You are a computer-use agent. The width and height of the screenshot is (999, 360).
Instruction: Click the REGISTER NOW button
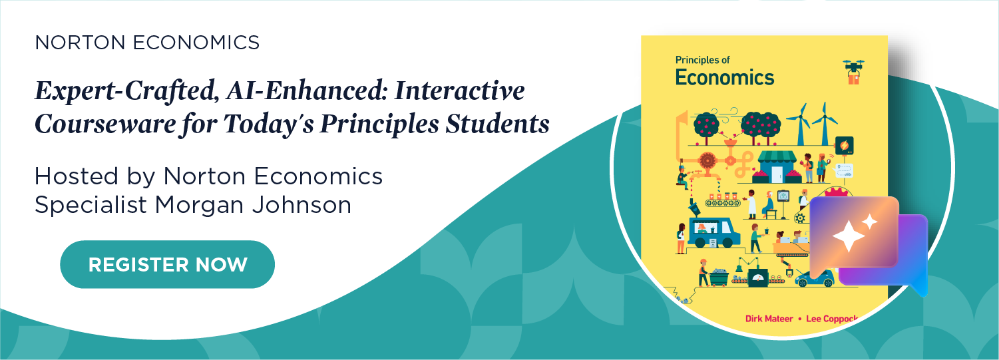167,264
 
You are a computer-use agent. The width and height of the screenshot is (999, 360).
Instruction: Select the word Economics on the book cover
725,77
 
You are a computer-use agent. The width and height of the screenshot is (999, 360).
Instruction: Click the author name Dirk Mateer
769,319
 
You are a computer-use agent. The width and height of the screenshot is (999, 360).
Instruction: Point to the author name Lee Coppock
831,319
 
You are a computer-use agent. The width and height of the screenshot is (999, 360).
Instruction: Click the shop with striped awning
775,166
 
